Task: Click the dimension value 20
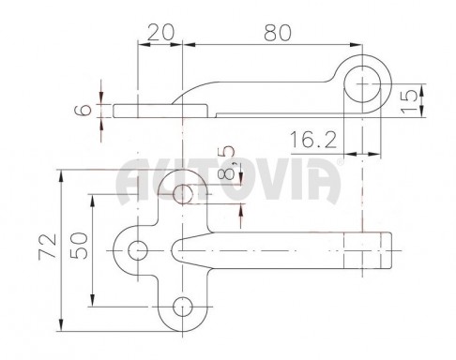tap(160, 33)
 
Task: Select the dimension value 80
tap(278, 33)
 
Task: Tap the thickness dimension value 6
tap(83, 110)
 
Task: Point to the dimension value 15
tap(409, 101)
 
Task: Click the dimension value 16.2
tap(313, 140)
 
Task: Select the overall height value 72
tap(48, 247)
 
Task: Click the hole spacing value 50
tap(79, 246)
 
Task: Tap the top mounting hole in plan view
tap(183, 194)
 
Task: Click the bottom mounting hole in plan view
tap(183, 307)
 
